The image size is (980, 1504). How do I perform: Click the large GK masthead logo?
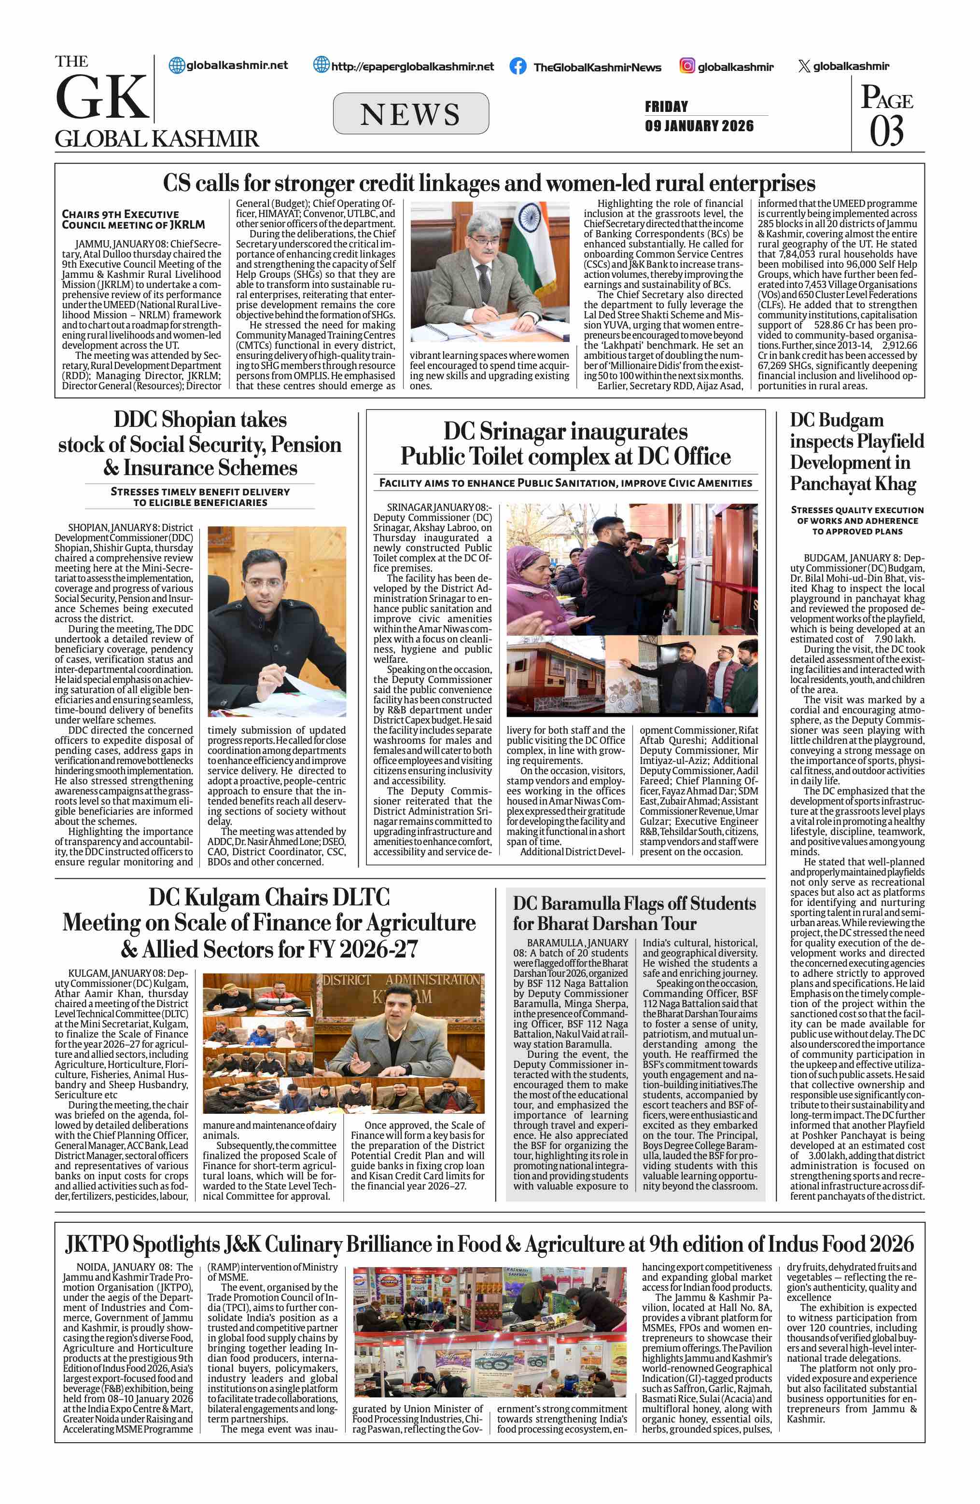tap(102, 96)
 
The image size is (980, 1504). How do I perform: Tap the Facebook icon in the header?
tap(518, 67)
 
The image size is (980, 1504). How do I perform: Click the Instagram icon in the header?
tap(687, 66)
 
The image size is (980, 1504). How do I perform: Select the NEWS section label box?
tap(410, 114)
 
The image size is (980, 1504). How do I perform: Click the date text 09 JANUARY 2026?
tap(700, 126)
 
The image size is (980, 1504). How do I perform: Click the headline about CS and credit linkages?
tap(489, 183)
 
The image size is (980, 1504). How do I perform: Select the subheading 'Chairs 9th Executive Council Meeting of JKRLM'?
tap(133, 219)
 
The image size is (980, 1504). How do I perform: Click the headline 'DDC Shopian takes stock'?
tap(200, 444)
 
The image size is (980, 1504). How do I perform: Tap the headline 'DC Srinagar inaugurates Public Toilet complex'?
tap(565, 444)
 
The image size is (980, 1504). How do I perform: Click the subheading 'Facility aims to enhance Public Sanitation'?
tap(565, 483)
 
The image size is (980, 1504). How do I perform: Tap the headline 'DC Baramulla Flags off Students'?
tap(634, 913)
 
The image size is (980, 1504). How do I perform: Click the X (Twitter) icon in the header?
tap(804, 66)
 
